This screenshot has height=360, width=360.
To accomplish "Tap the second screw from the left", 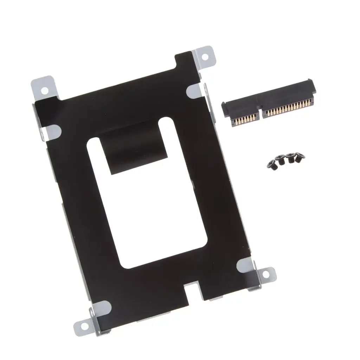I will point(281,160).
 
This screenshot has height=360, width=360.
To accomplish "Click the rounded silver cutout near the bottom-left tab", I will point(102,308).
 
